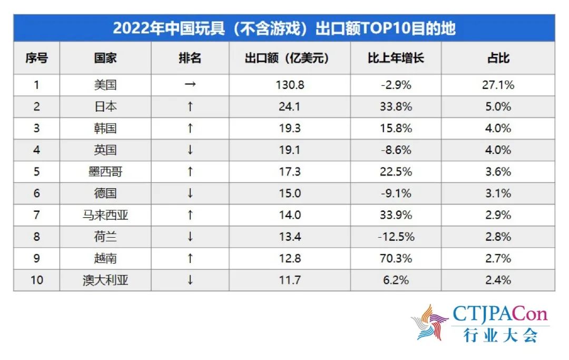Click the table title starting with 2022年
(284, 27)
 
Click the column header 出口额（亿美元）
(290, 58)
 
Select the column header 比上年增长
(396, 58)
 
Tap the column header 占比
(498, 58)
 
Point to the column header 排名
(190, 58)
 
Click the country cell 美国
(105, 85)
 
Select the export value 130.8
(290, 85)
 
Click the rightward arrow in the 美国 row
(190, 85)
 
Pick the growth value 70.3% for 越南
(396, 258)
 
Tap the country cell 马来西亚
(105, 215)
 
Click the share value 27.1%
(498, 85)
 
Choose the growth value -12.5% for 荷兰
(396, 237)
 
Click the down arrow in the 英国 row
(190, 150)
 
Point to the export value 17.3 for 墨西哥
(290, 172)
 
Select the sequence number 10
(36, 280)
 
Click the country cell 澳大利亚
(105, 280)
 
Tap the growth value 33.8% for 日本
(396, 106)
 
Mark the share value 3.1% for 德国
(498, 193)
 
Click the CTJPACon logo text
(499, 316)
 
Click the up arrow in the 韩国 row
(190, 129)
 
